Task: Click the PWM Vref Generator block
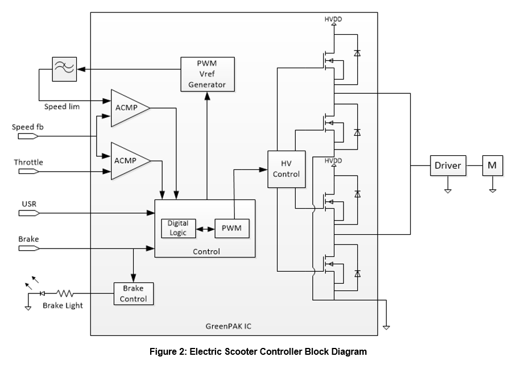[x=206, y=73]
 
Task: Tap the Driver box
[x=448, y=165]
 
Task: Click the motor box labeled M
[x=492, y=165]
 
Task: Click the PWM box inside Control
[x=231, y=229]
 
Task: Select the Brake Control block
[x=134, y=293]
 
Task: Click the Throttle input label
[x=28, y=163]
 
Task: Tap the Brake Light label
[x=63, y=305]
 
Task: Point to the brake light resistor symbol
[x=64, y=293]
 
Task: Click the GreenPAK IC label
[x=229, y=326]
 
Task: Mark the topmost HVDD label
[x=333, y=19]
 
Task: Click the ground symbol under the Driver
[x=448, y=190]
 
